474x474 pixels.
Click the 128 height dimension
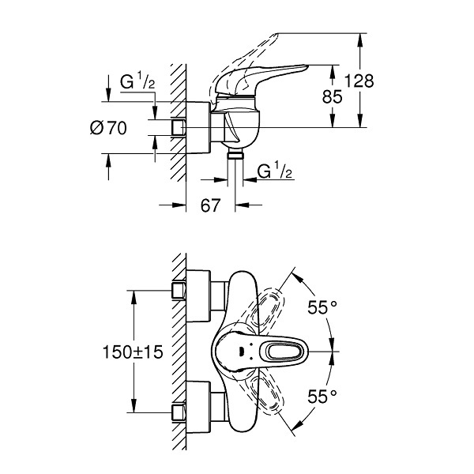pyautogui.click(x=359, y=81)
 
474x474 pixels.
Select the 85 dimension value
pyautogui.click(x=333, y=96)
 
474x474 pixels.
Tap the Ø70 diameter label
pyautogui.click(x=108, y=128)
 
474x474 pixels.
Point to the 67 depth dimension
pyautogui.click(x=210, y=205)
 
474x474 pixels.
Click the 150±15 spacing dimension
pyautogui.click(x=133, y=352)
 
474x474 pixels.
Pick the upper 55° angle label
pyautogui.click(x=322, y=308)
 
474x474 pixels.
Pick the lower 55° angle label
pyautogui.click(x=322, y=397)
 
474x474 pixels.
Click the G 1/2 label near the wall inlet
pyautogui.click(x=137, y=81)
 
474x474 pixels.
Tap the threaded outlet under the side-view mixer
pyautogui.click(x=235, y=153)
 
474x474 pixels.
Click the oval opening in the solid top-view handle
pyautogui.click(x=284, y=352)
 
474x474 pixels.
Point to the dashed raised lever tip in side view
pyautogui.click(x=273, y=37)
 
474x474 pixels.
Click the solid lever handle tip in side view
pyautogui.click(x=305, y=66)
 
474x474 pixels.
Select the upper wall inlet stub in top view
pyautogui.click(x=179, y=291)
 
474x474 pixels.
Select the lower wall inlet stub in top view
pyautogui.click(x=179, y=413)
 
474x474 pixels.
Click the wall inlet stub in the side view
pyautogui.click(x=178, y=127)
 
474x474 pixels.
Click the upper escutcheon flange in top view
pyautogui.click(x=198, y=295)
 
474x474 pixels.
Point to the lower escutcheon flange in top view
pyautogui.click(x=198, y=408)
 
